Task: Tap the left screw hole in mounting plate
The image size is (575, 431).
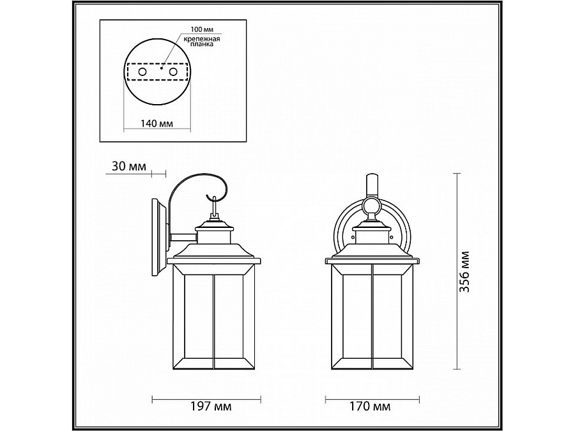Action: click(x=142, y=73)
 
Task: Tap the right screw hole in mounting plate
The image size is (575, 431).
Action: click(x=172, y=73)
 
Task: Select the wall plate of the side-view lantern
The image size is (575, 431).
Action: click(x=157, y=237)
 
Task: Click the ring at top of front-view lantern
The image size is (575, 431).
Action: click(x=371, y=205)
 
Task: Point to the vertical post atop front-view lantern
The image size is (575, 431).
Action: click(x=371, y=185)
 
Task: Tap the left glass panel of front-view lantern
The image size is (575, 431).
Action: click(x=355, y=319)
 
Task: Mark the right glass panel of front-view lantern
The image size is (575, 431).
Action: click(x=390, y=319)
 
